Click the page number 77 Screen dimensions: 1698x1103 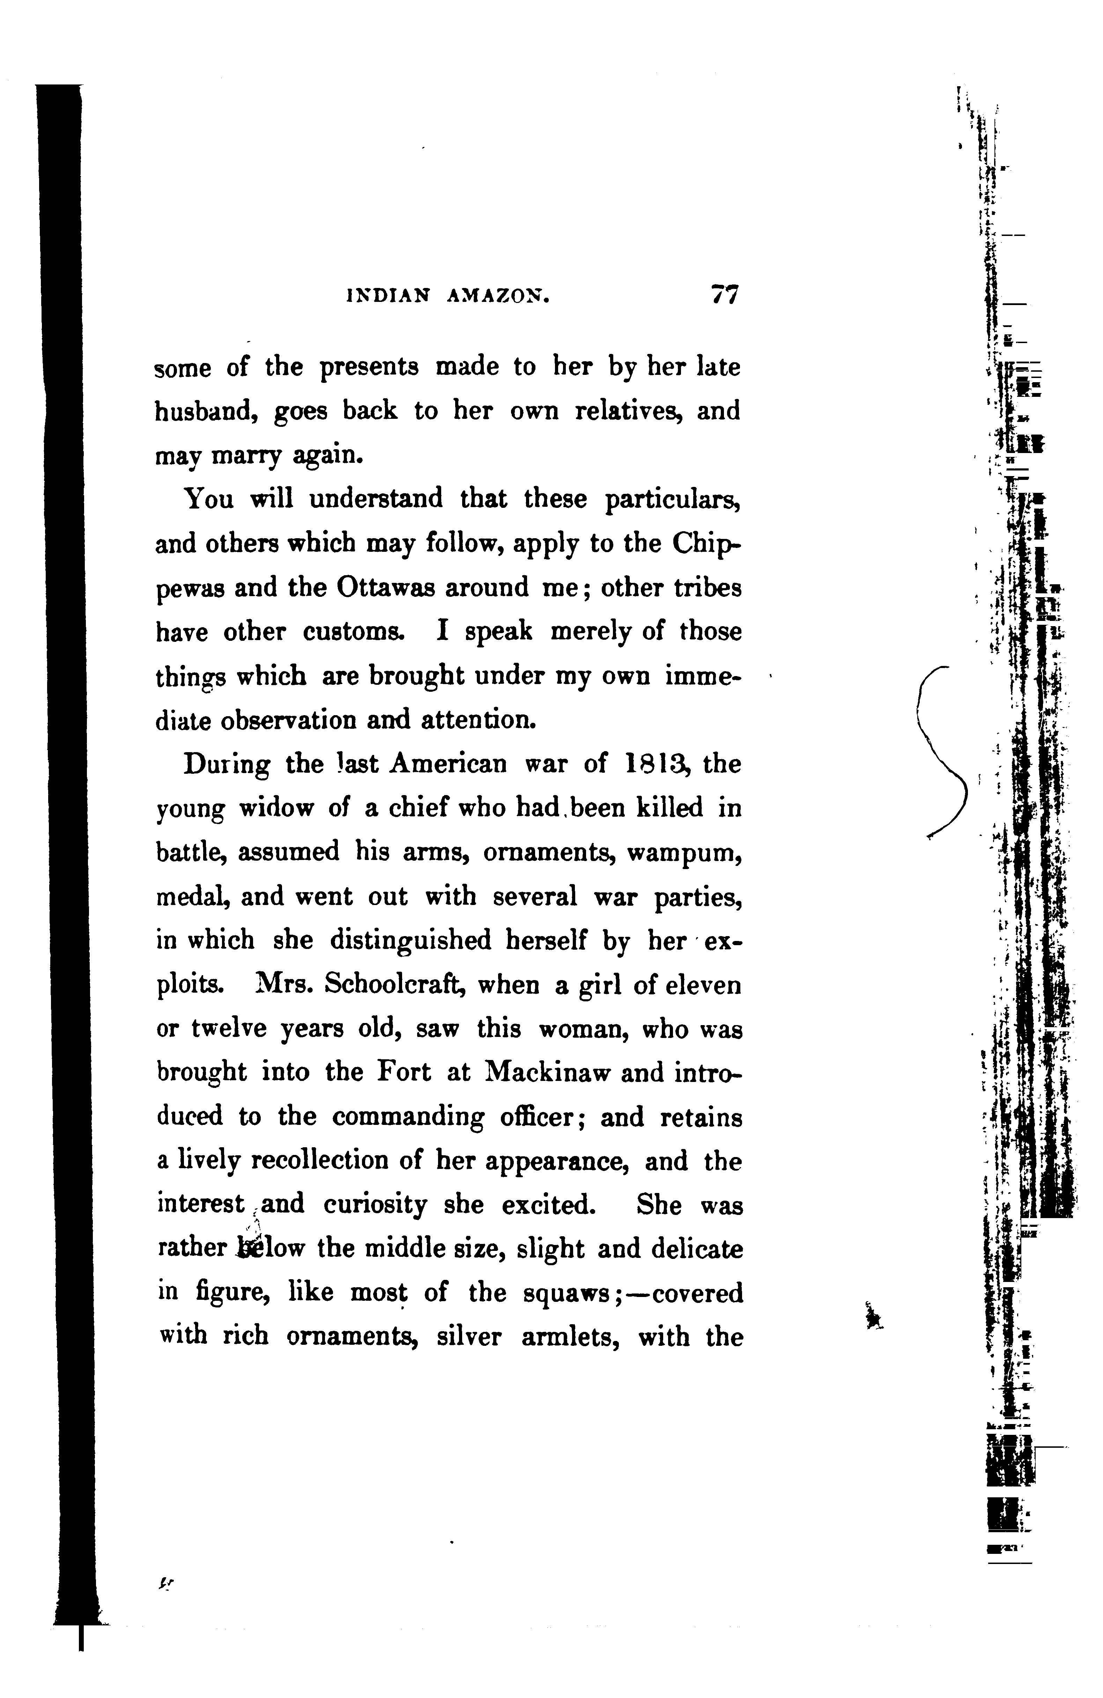[x=724, y=295]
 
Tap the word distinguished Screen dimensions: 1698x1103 [x=410, y=942]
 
